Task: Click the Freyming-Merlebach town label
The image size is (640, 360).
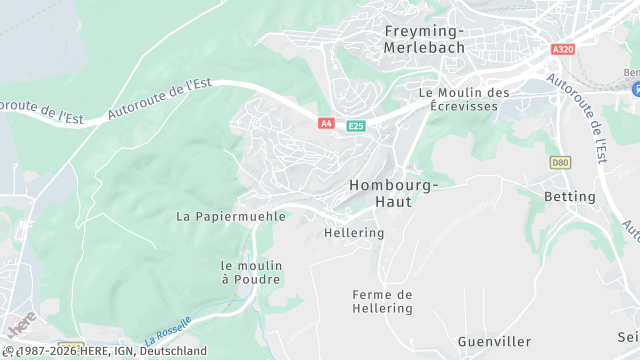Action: pyautogui.click(x=423, y=39)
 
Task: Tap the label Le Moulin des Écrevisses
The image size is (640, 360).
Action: pyautogui.click(x=464, y=99)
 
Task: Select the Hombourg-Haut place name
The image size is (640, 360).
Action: pyautogui.click(x=392, y=193)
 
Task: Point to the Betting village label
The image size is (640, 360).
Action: pyautogui.click(x=569, y=197)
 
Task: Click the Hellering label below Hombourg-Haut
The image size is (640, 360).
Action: pyautogui.click(x=354, y=233)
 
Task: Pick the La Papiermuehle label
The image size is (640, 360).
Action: pyautogui.click(x=231, y=216)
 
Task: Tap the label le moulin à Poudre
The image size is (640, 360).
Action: pyautogui.click(x=252, y=272)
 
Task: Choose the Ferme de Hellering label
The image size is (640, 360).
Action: pyautogui.click(x=382, y=301)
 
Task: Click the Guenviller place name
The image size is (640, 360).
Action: pyautogui.click(x=494, y=342)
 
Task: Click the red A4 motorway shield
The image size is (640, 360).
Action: pyautogui.click(x=326, y=123)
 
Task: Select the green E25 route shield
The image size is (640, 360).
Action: pyautogui.click(x=355, y=125)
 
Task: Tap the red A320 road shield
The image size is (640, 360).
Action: pyautogui.click(x=562, y=48)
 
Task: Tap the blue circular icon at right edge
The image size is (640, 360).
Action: pyautogui.click(x=634, y=89)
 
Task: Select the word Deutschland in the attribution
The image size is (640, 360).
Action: pyautogui.click(x=173, y=351)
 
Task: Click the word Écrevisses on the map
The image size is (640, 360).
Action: pyautogui.click(x=464, y=106)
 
